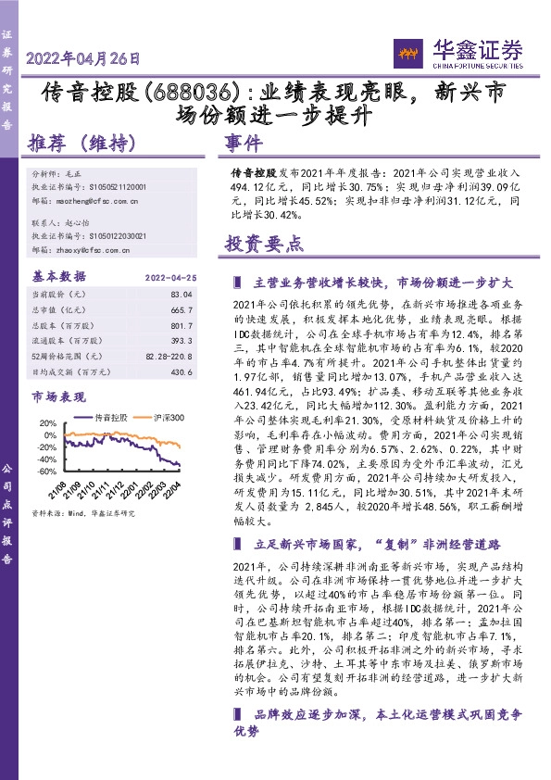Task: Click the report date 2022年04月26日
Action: tap(84, 58)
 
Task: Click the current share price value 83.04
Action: tap(181, 294)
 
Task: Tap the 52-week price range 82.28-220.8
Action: tap(169, 356)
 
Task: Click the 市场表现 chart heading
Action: tap(56, 397)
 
